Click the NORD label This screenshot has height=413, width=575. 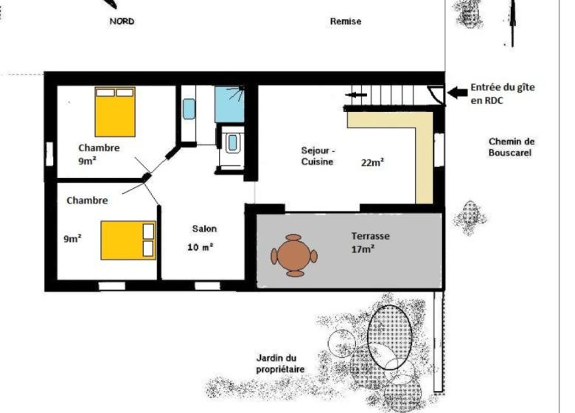[x=122, y=21]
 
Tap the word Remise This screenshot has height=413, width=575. [x=346, y=21]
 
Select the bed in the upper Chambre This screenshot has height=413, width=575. [x=115, y=112]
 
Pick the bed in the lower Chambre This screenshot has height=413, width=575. [x=128, y=240]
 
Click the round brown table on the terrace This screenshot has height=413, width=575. [x=294, y=256]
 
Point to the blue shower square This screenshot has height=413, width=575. [x=229, y=104]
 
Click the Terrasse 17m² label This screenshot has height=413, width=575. [x=370, y=243]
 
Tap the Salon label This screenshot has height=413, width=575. [x=204, y=229]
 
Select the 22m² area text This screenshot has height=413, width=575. [x=372, y=162]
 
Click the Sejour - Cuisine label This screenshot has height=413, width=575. [x=318, y=156]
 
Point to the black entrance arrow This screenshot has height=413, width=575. [x=457, y=93]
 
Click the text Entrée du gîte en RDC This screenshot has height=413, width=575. [x=503, y=94]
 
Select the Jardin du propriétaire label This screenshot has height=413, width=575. [x=280, y=364]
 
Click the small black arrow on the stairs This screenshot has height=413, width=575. [x=356, y=95]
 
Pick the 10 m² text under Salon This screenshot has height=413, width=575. [x=201, y=247]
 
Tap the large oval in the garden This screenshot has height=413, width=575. [x=389, y=338]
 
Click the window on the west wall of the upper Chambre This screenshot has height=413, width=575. [x=49, y=154]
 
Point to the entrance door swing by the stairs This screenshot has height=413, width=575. [x=436, y=93]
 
